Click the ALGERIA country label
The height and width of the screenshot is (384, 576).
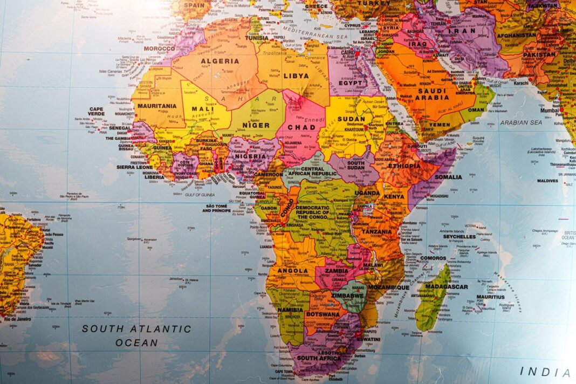click(x=220, y=61)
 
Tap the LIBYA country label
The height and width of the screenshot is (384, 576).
click(x=296, y=76)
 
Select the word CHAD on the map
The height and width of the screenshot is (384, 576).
click(x=301, y=127)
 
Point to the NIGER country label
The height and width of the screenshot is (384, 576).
click(x=256, y=125)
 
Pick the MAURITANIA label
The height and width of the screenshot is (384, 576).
click(x=156, y=106)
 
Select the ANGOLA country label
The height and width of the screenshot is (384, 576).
click(x=293, y=271)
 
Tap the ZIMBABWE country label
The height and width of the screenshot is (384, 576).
click(x=346, y=296)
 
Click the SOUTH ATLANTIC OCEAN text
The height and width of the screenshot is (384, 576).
click(x=136, y=335)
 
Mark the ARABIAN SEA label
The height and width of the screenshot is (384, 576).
click(x=520, y=122)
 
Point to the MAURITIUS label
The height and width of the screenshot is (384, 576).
click(x=490, y=297)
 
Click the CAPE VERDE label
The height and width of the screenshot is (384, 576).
click(x=96, y=111)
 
